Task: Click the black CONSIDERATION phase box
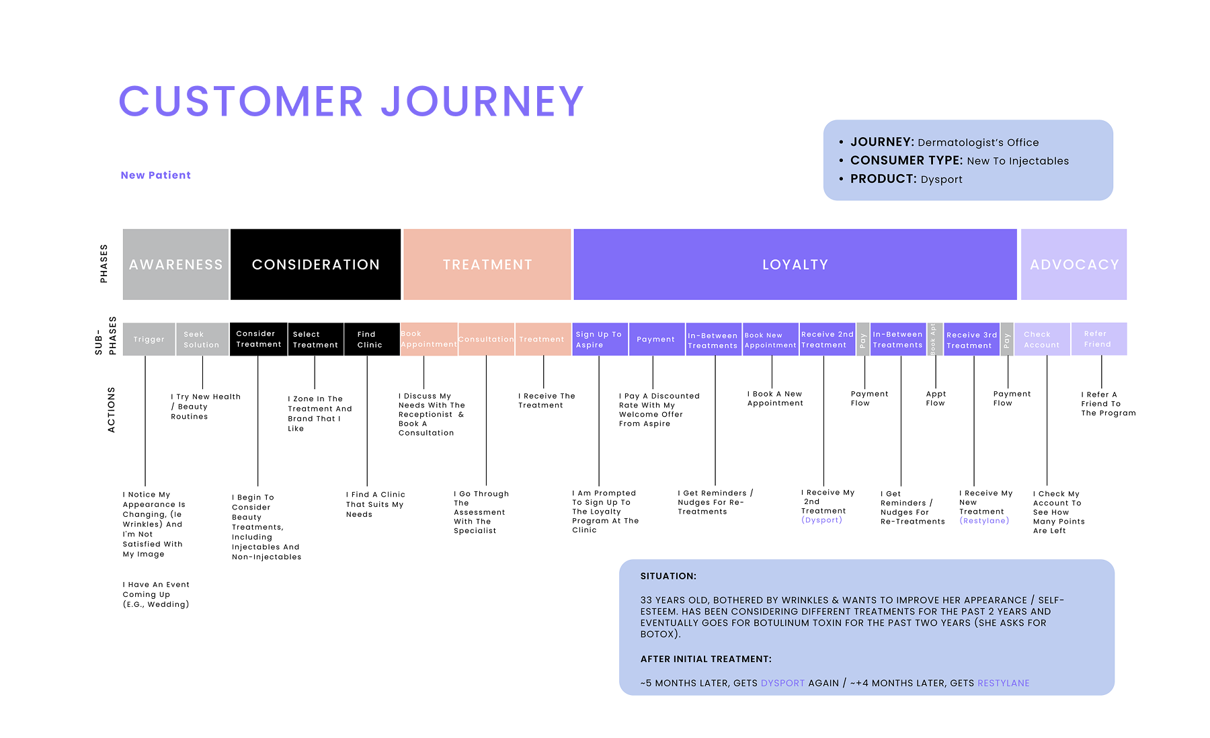coord(315,264)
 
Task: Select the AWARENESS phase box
coord(175,264)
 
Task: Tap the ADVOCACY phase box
coord(1074,264)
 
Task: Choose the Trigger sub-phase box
coord(149,339)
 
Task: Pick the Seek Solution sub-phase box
coord(202,339)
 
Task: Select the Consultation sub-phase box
coord(486,339)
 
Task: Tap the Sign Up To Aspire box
coord(599,339)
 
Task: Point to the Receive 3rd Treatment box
coord(971,339)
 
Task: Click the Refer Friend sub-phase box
coord(1098,339)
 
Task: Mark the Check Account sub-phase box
coord(1042,339)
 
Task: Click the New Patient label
coord(156,175)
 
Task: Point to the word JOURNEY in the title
coord(482,101)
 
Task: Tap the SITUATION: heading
coord(668,576)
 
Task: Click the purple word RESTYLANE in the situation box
coord(1003,683)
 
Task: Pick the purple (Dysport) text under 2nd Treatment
coord(821,520)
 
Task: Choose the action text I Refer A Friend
coord(1108,404)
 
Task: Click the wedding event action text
coord(156,594)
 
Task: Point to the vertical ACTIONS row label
coord(112,409)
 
